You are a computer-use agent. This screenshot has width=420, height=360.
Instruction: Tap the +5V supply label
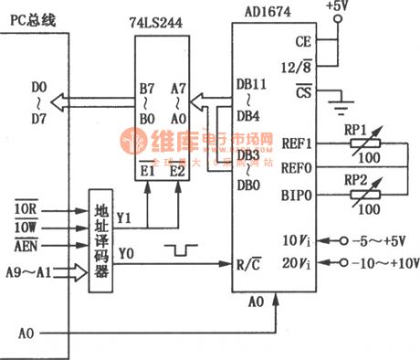[x=336, y=8]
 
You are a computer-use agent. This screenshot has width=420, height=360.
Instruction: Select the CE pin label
[x=303, y=41]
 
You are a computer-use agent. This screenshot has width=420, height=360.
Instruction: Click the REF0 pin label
[x=297, y=166]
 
